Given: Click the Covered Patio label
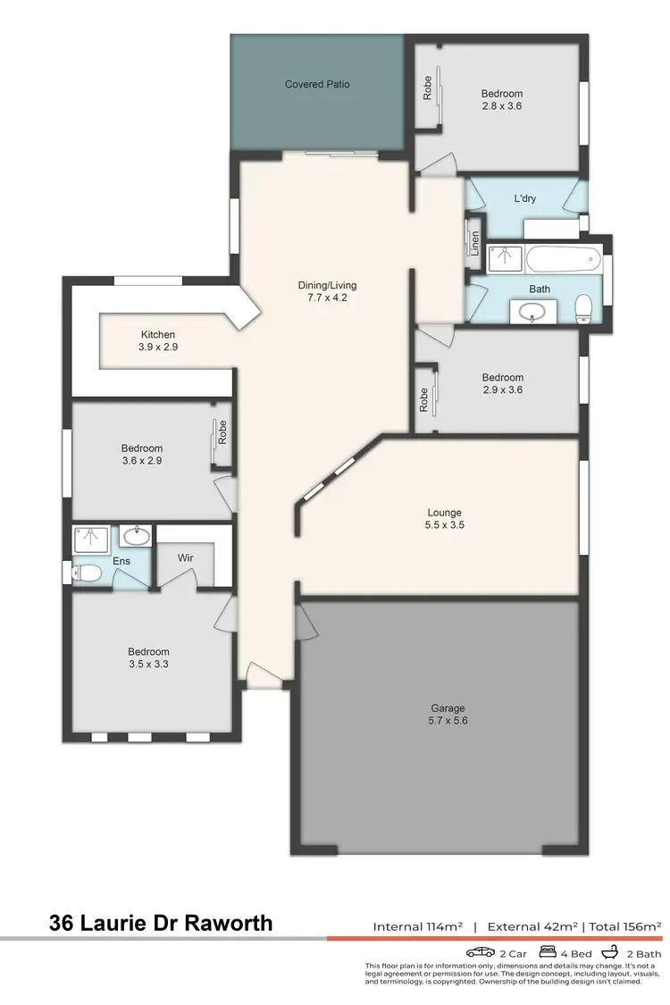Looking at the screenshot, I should (x=317, y=84).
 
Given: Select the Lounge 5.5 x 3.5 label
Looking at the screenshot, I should (x=444, y=519).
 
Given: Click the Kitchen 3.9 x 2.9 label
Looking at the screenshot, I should (x=157, y=340).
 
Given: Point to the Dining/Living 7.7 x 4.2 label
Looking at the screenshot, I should (x=327, y=291).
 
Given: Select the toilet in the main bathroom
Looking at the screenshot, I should (x=584, y=308).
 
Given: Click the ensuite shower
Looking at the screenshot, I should (x=93, y=539).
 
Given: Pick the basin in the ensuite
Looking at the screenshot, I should (x=135, y=536).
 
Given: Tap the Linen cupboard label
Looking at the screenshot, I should (x=475, y=242).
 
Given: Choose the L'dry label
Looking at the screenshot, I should (x=524, y=198).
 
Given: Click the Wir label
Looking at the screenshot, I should (x=185, y=557).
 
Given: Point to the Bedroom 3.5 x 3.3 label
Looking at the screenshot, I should (x=148, y=658).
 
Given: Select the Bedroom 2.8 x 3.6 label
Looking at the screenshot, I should (x=502, y=99).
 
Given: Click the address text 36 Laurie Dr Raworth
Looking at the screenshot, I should (x=161, y=923).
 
